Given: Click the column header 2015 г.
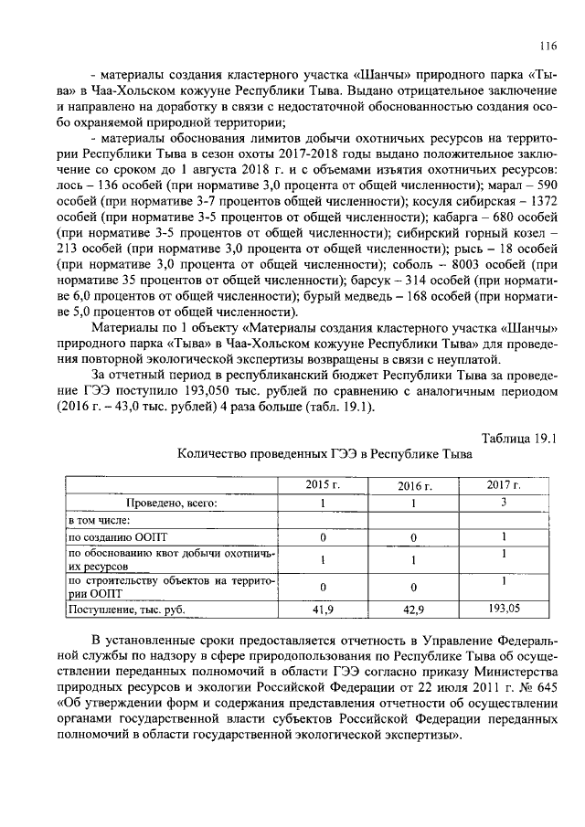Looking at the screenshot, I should (323, 486).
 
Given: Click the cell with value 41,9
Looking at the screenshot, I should (323, 608).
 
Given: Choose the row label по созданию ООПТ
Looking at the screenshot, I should (107, 537).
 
